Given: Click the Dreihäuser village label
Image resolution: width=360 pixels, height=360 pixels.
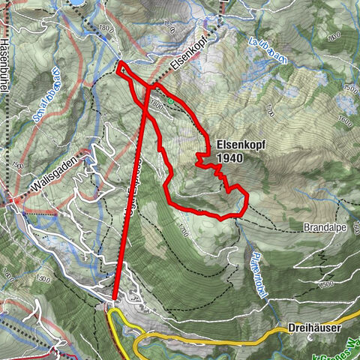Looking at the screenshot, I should coord(315,328).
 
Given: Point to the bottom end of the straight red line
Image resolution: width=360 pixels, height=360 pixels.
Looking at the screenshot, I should coord(115,298).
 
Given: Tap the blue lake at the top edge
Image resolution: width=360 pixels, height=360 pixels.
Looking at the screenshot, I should coord(77,2).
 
